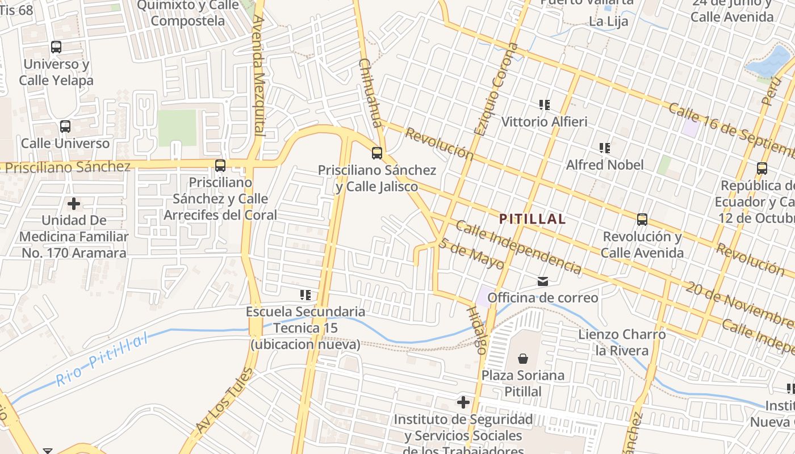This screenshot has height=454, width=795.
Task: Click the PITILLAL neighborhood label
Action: point(532,219)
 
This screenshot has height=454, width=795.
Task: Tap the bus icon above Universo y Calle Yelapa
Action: point(56,47)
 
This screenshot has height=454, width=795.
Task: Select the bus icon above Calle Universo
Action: point(65,127)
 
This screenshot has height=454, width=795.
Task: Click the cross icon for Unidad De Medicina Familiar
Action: point(74,203)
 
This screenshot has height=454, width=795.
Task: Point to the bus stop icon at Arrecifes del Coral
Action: point(220,166)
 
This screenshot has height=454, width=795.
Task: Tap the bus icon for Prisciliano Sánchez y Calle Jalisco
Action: point(376,153)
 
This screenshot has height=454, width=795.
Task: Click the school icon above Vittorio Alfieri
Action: point(545,105)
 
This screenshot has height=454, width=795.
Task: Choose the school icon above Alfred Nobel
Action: point(605,149)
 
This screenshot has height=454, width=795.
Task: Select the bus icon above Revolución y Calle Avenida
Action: point(642,220)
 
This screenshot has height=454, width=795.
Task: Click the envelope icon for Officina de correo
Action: point(543,281)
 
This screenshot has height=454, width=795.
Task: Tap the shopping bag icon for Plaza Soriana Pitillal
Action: point(523,359)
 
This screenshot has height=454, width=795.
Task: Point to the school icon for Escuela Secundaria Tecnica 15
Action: point(306,295)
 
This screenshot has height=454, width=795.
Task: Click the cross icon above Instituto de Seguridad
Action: point(463,403)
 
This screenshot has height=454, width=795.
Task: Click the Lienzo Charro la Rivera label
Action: point(622,342)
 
